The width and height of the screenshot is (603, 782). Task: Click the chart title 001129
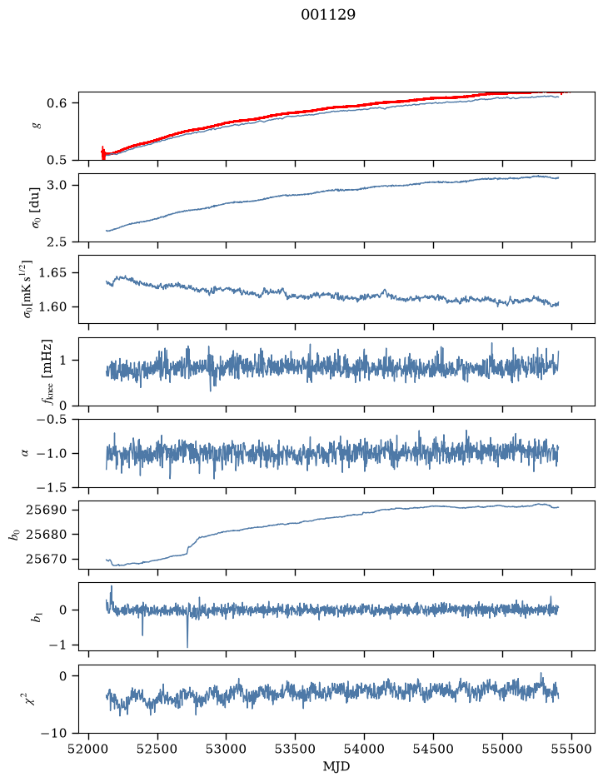[327, 15]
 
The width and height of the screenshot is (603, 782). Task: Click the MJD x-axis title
[336, 766]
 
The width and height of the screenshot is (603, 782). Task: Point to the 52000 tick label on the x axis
[89, 749]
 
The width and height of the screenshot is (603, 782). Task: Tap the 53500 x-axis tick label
[296, 749]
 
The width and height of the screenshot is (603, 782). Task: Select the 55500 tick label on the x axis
[571, 749]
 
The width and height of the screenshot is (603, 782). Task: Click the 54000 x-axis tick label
[364, 749]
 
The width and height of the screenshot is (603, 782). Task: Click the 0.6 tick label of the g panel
[56, 103]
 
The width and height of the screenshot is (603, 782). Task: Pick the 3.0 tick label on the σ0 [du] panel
[56, 186]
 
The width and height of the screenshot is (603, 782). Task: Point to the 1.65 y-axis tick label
[52, 273]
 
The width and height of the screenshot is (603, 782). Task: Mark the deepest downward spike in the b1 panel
[187, 646]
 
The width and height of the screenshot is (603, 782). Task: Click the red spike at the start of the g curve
[103, 153]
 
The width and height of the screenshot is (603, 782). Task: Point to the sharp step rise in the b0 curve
[188, 549]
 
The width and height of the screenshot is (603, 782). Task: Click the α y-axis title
[25, 453]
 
